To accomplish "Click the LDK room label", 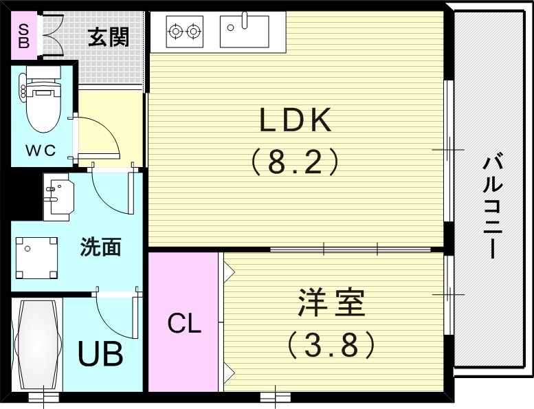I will (295, 121).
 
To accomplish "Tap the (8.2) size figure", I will (295, 162).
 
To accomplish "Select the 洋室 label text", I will (331, 302).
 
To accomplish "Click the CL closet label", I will (184, 323).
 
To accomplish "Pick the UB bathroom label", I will (100, 354).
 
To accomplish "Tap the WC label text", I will (41, 151).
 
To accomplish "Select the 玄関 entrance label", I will (108, 36).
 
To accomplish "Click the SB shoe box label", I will (23, 35).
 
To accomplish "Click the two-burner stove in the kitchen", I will (185, 31).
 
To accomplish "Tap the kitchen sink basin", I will (244, 31).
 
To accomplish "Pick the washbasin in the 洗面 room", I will (59, 197).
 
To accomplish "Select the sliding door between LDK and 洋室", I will (351, 248).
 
